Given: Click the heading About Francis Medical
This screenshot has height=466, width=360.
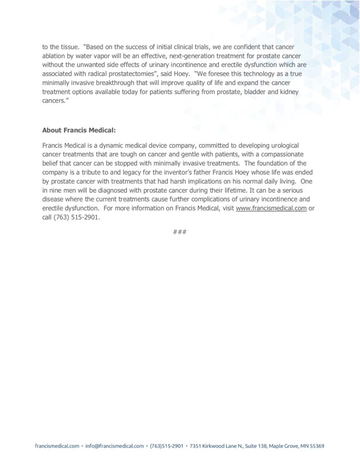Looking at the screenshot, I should tap(79, 130).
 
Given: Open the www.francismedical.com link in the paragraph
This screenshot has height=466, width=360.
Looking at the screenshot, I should tap(271, 209).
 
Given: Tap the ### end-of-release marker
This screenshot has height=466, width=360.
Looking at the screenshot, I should tap(180, 232).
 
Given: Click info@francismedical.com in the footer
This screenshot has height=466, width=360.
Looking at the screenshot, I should tap(115, 446).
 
